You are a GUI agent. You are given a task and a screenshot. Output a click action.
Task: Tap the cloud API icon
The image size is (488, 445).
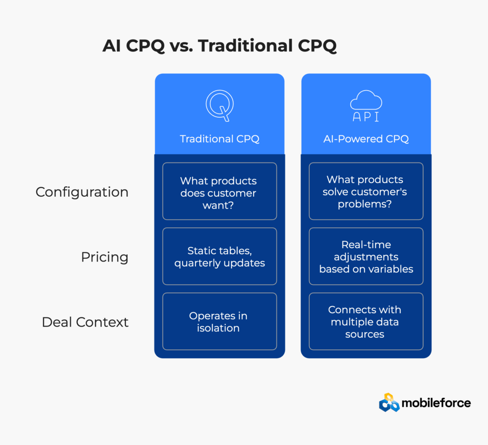(x=366, y=106)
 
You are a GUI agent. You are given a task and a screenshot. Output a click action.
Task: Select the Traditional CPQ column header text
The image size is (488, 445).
(x=219, y=139)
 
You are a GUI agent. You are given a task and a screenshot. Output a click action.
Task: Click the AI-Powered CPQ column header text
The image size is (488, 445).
(x=366, y=139)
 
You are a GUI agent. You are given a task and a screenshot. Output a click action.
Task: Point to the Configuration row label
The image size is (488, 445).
(x=82, y=192)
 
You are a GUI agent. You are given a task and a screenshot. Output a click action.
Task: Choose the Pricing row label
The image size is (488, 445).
(x=104, y=257)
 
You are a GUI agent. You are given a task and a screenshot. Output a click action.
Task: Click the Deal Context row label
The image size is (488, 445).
(x=85, y=322)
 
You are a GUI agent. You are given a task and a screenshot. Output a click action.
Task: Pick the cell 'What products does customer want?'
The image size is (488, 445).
(x=220, y=191)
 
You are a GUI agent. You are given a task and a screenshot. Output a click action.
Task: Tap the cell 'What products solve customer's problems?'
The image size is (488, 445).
(x=366, y=191)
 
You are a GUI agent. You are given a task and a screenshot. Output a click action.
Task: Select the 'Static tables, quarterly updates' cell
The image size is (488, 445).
(x=220, y=256)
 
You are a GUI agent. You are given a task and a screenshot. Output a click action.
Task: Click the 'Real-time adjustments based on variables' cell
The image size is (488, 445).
(x=366, y=256)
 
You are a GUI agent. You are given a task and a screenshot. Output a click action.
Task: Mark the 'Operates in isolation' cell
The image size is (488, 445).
(x=220, y=321)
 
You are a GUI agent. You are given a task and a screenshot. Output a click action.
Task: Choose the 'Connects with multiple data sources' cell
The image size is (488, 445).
(x=366, y=321)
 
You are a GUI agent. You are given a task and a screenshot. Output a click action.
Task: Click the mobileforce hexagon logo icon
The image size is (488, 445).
(x=389, y=403)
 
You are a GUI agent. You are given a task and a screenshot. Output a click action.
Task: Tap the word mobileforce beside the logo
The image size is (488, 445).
(x=436, y=403)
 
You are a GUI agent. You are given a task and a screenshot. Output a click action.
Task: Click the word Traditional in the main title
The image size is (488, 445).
(x=245, y=45)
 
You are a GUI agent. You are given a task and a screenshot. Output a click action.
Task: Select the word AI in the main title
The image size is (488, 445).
(x=112, y=46)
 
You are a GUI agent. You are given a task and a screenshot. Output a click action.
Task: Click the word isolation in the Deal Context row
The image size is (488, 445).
(x=218, y=328)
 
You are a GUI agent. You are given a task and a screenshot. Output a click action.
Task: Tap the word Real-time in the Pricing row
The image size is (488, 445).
(x=366, y=244)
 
